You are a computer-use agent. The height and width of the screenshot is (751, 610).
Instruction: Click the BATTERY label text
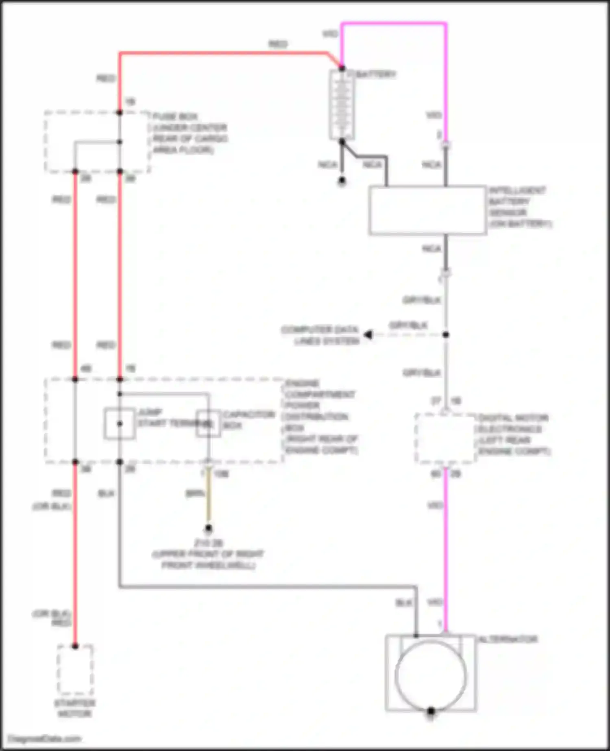point(376,74)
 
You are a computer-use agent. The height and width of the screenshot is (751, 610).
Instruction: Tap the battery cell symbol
point(342,105)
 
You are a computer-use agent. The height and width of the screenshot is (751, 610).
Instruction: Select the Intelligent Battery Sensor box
point(427,210)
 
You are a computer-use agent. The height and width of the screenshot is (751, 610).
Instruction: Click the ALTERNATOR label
point(508,639)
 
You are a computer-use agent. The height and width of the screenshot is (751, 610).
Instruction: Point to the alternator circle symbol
point(431,675)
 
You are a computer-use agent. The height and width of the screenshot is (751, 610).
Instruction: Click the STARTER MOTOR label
point(75,708)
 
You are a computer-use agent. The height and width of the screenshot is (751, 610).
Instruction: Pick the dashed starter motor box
point(75,670)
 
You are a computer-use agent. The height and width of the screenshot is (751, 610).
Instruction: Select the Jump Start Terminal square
point(120,424)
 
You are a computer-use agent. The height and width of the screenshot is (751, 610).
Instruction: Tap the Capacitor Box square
point(208,424)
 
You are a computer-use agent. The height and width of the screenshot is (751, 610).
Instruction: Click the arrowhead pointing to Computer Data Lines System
point(368,335)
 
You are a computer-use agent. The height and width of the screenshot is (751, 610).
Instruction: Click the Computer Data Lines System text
point(321,335)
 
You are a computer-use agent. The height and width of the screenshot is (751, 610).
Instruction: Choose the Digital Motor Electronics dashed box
point(445,438)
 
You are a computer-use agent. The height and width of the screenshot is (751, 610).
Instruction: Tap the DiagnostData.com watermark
point(44,738)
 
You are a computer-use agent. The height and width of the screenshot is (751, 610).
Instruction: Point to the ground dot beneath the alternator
point(431,711)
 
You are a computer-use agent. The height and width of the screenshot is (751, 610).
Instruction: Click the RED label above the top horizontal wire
point(278,44)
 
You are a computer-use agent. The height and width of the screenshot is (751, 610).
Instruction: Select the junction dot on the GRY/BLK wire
point(446,335)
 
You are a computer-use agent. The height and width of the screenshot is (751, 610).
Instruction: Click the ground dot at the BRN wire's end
point(208,528)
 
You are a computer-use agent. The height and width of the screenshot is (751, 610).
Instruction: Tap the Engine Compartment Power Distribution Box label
point(321,417)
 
